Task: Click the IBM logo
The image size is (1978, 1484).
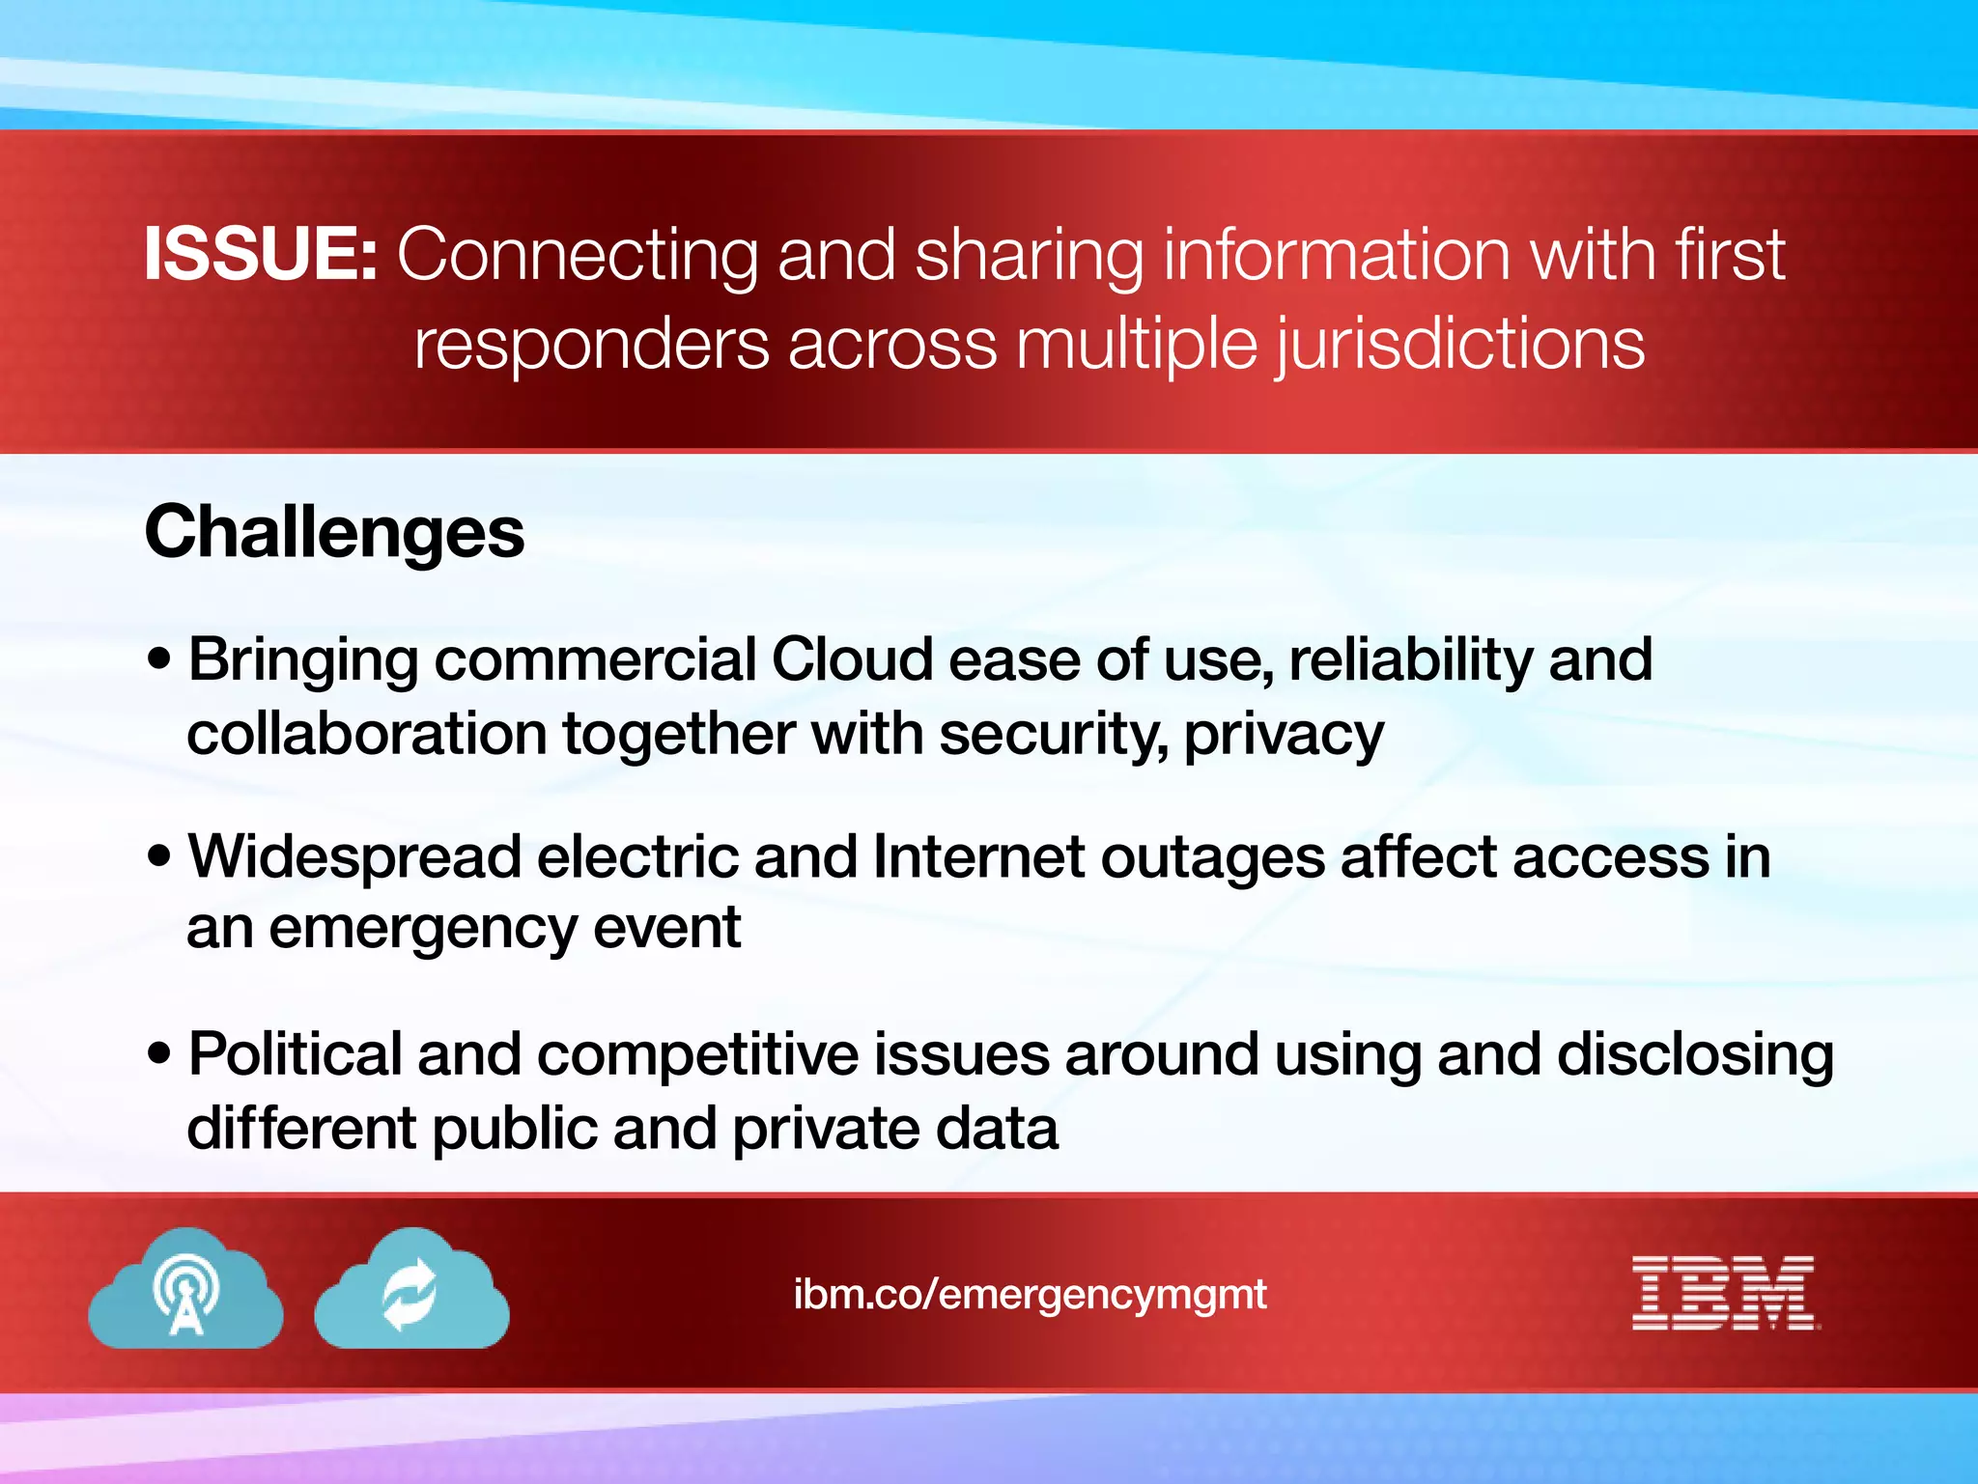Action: [x=1725, y=1293]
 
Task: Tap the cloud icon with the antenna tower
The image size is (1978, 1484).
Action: [x=186, y=1291]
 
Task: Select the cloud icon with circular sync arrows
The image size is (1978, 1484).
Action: [x=412, y=1291]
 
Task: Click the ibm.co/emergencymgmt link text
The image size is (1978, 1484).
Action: [x=1030, y=1294]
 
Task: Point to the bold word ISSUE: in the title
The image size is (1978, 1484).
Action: [x=261, y=254]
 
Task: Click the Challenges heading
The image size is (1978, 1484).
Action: [x=334, y=532]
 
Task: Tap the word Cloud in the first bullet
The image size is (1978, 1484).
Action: [x=853, y=660]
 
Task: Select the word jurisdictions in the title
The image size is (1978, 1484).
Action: [x=1460, y=345]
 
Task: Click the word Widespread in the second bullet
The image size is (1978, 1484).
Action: [x=354, y=857]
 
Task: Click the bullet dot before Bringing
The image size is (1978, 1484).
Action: [x=159, y=660]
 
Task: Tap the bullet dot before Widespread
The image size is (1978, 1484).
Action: [x=159, y=856]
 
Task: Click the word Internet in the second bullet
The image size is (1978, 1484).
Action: [x=978, y=857]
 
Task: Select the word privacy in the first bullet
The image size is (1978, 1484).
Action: [x=1284, y=736]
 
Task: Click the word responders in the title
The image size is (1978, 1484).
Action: [x=592, y=345]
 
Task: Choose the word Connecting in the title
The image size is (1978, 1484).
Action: [x=578, y=254]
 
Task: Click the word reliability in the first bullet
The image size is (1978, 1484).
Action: [x=1410, y=660]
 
